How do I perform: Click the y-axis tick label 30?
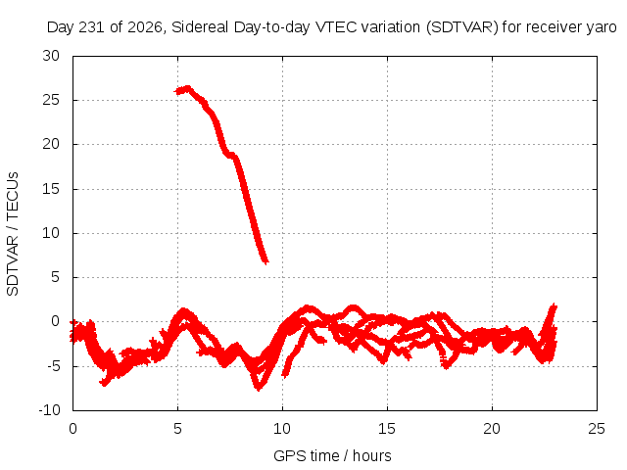(51, 56)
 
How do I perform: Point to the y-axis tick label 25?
(51, 100)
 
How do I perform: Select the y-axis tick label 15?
(51, 189)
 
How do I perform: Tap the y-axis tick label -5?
(51, 365)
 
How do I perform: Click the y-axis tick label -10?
(49, 410)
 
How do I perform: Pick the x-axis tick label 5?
(177, 429)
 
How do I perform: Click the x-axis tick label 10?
(282, 429)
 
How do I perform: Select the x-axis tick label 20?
(492, 429)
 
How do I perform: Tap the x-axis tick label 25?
(597, 429)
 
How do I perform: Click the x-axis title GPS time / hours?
(332, 456)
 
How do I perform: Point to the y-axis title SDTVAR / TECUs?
(13, 234)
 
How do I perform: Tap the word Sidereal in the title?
(200, 27)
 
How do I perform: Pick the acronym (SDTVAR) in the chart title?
(461, 27)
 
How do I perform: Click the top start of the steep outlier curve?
(175, 91)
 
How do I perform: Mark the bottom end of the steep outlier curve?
(266, 261)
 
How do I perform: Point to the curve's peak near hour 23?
(554, 305)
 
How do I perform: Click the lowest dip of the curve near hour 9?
(259, 389)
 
